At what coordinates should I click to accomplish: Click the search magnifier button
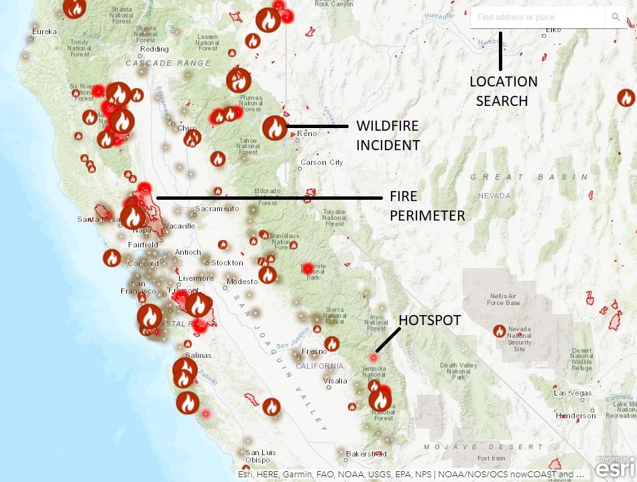(616, 17)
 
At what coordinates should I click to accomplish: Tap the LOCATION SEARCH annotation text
(503, 91)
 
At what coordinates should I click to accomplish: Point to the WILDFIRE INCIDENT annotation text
(388, 135)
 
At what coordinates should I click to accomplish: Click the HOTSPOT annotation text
(430, 320)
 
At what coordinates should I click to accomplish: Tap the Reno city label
(307, 134)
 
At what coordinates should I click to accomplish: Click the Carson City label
(322, 162)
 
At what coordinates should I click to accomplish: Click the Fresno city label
(314, 351)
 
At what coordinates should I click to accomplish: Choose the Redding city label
(155, 49)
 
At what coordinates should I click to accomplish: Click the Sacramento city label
(217, 208)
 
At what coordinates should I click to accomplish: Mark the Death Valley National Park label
(458, 371)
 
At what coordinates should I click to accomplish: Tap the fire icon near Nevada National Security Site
(500, 330)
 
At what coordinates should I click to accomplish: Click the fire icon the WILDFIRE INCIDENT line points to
(274, 127)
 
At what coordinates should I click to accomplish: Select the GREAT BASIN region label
(529, 177)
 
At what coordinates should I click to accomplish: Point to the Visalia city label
(335, 381)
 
